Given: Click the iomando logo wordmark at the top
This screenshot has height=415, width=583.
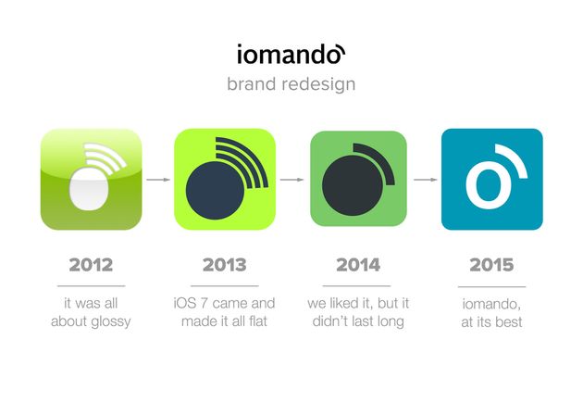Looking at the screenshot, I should pyautogui.click(x=291, y=54).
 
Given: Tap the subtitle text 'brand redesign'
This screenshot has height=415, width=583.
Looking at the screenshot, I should pyautogui.click(x=291, y=83).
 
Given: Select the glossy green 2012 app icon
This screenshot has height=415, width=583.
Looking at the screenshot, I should pyautogui.click(x=92, y=179).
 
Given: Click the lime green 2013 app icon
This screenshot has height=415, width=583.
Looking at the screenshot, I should pyautogui.click(x=225, y=179).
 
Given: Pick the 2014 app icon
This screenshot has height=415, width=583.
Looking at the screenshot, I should pyautogui.click(x=358, y=179).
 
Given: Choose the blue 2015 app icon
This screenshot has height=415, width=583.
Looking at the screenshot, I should pyautogui.click(x=491, y=179).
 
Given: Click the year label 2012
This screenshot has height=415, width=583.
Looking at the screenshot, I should pyautogui.click(x=91, y=265).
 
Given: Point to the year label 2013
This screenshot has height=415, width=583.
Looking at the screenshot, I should pyautogui.click(x=225, y=265).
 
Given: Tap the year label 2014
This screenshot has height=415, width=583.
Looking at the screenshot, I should pyautogui.click(x=358, y=265).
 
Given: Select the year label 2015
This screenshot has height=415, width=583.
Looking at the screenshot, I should pyautogui.click(x=491, y=265).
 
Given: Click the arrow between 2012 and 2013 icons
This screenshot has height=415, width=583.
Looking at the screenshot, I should pyautogui.click(x=158, y=180).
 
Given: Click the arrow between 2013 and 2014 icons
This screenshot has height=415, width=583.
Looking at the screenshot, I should pyautogui.click(x=291, y=180).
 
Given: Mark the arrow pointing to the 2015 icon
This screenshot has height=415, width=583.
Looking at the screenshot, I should pyautogui.click(x=425, y=180).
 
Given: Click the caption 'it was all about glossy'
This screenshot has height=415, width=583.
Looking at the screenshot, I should pyautogui.click(x=91, y=312).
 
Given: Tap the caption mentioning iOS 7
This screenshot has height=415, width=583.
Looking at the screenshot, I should pyautogui.click(x=225, y=312).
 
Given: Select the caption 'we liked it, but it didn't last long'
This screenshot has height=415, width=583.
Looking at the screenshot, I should pyautogui.click(x=358, y=312).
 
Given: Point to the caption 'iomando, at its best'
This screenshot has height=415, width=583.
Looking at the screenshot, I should pyautogui.click(x=491, y=312).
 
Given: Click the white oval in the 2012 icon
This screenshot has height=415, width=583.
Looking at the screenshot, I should pyautogui.click(x=90, y=190).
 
